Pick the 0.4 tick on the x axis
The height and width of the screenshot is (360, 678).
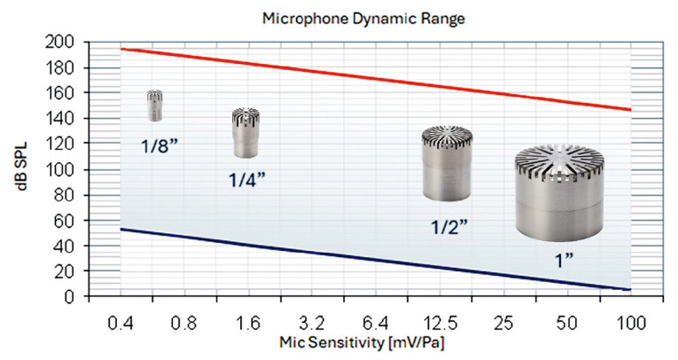pyautogui.click(x=121, y=315)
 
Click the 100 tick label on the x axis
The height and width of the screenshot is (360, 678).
pyautogui.click(x=630, y=315)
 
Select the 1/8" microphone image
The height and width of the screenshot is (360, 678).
pyautogui.click(x=155, y=106)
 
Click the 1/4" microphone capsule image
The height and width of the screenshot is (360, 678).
pyautogui.click(x=245, y=132)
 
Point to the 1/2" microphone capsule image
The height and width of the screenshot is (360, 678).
pyautogui.click(x=446, y=163)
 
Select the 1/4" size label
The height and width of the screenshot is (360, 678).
pyautogui.click(x=246, y=179)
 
